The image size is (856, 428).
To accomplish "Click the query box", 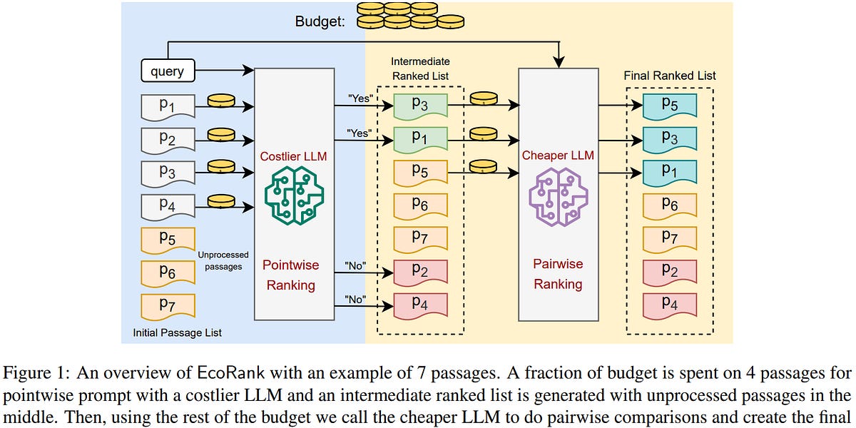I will pos(168,71).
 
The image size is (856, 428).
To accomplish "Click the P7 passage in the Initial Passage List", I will pos(168,305).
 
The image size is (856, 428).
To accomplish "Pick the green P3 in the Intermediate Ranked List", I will pos(420,105).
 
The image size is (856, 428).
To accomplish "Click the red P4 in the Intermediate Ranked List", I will pos(420,302).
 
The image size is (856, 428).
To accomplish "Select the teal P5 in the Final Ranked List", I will pos(669,105).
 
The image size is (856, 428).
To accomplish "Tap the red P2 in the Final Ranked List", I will pos(669,270).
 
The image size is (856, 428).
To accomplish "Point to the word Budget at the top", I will pos(320,22).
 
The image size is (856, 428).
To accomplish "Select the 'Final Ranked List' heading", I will pos(669,75).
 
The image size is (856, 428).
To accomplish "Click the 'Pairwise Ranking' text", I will pos(558,274).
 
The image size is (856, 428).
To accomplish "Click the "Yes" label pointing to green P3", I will pos(360,99).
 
